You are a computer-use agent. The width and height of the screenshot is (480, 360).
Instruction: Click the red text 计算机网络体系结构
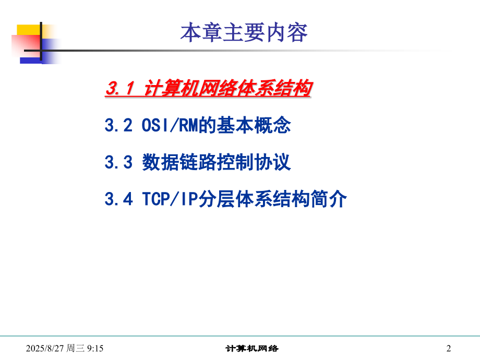pos(227,89)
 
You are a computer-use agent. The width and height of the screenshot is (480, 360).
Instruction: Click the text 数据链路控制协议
pos(216,163)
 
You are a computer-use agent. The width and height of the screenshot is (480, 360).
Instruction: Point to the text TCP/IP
pos(167,199)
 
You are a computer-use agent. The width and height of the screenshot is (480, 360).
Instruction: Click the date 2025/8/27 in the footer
pos(49,348)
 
